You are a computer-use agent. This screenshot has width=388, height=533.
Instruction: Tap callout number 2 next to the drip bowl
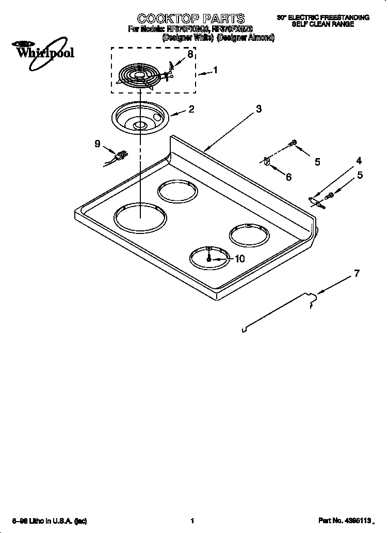191,109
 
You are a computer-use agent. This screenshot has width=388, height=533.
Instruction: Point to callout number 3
258,109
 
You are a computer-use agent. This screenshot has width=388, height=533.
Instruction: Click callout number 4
358,161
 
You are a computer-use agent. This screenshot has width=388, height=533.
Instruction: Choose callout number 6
288,177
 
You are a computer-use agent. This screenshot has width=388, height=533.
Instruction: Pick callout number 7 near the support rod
356,274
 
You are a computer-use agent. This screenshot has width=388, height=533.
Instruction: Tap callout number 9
98,144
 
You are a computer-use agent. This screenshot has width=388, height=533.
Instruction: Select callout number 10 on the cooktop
239,259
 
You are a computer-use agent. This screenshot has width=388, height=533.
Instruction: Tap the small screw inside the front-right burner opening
209,258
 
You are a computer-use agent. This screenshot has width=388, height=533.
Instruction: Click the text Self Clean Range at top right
323,24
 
